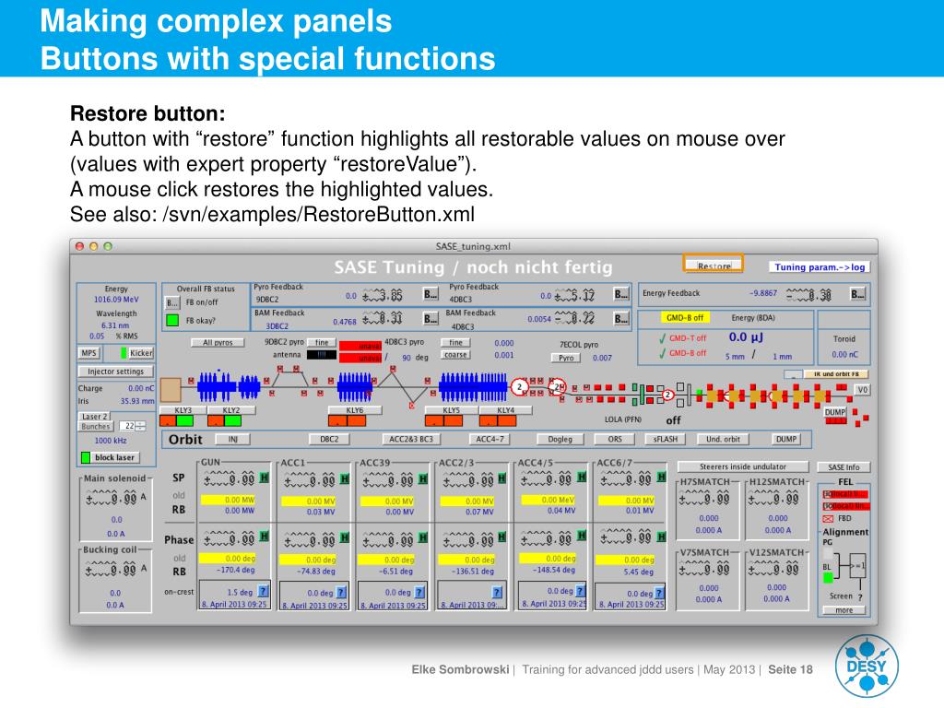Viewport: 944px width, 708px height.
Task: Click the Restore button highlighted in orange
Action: (714, 265)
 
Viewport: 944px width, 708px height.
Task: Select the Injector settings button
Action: (115, 372)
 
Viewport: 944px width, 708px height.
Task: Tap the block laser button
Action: (115, 457)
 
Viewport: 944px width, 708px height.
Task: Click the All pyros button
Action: (218, 342)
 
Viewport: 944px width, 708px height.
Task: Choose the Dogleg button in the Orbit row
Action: (560, 439)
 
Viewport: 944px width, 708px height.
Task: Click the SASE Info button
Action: (843, 467)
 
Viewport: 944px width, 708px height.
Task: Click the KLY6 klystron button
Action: (355, 410)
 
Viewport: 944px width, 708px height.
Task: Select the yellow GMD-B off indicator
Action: (685, 317)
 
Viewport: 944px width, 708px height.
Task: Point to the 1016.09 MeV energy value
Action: (116, 300)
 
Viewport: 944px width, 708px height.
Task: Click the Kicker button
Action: (141, 353)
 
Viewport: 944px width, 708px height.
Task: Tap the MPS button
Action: (88, 353)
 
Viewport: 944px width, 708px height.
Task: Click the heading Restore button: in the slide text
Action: (147, 115)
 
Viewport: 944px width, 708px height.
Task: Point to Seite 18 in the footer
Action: (791, 669)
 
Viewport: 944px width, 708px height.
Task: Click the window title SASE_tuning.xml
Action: (473, 246)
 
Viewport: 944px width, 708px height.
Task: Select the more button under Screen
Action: (844, 610)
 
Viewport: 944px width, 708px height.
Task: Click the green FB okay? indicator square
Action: (172, 321)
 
